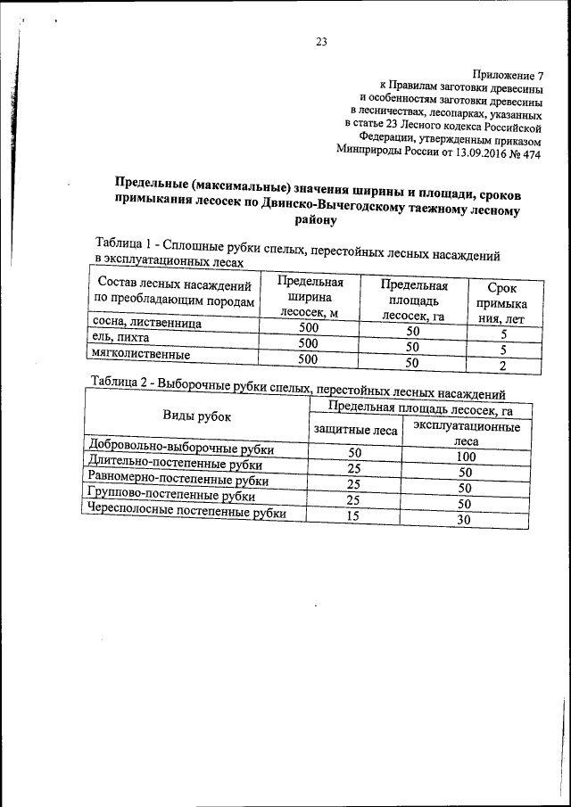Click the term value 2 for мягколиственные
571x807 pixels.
(x=504, y=366)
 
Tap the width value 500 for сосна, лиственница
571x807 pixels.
(x=308, y=328)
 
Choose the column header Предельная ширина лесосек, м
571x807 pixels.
(x=307, y=296)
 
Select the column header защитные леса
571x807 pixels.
(x=355, y=431)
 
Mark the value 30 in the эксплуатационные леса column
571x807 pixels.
(x=462, y=520)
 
